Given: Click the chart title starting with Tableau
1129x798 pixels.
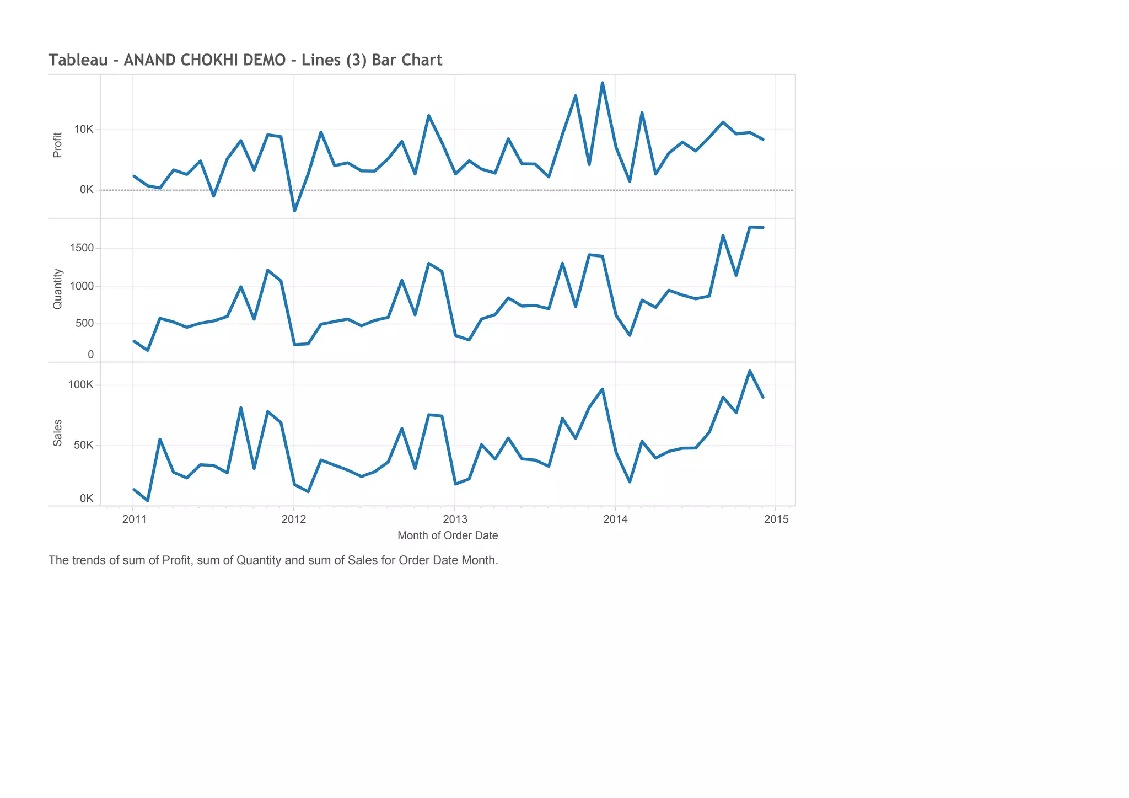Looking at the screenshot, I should pos(245,60).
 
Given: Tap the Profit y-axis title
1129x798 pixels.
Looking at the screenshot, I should pos(57,145).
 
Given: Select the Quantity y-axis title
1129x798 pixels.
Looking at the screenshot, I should pos(57,289).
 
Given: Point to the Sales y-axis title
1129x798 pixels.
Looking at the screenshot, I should pos(57,433).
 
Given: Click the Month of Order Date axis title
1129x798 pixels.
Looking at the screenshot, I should pos(448,535).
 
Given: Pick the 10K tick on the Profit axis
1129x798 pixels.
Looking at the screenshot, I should pos(84,130).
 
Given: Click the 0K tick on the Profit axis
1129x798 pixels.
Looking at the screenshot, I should pos(87,190).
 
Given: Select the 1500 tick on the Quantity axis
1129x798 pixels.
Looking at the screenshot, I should pos(82,248).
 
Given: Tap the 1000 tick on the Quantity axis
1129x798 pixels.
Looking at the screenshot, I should pos(82,286).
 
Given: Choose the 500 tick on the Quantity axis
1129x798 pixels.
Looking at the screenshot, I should pos(84,323).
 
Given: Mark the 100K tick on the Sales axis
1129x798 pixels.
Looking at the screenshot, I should pos(80,385).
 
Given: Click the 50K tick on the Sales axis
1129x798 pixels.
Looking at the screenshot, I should pos(84,445).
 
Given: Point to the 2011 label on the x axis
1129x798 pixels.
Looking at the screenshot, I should pos(135,519).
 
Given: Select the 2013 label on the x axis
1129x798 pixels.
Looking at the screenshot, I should pos(455,519).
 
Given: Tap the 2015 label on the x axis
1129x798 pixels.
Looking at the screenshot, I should pos(776,519).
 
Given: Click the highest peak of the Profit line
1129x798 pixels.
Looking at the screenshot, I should pos(603,83).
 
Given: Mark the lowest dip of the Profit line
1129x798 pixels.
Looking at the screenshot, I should pos(294,211).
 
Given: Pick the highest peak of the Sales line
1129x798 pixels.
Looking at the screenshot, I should pos(750,371).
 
